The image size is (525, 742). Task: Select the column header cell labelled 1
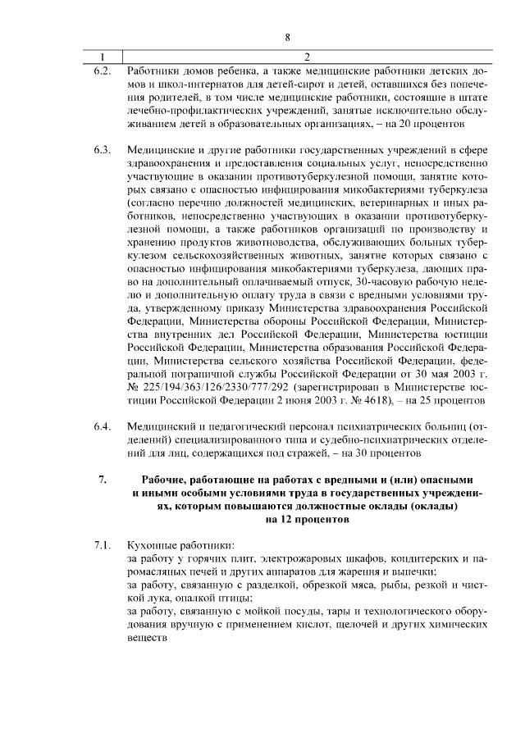click(102, 57)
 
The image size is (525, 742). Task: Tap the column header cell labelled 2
click(306, 57)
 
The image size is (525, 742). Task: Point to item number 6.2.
click(102, 71)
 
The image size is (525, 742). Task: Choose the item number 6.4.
click(102, 427)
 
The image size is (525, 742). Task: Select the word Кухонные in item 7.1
click(153, 545)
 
